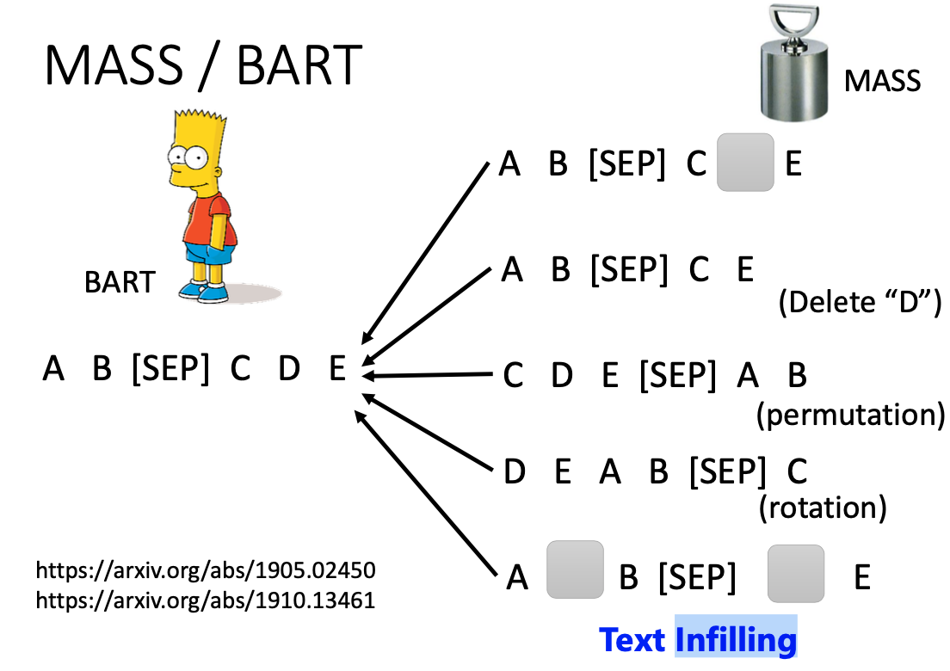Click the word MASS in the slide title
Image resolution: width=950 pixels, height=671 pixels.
(114, 65)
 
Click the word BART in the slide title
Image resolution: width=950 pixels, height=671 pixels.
(299, 65)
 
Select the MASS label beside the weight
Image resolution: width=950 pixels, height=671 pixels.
(882, 81)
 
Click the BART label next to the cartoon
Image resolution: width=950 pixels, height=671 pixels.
(120, 282)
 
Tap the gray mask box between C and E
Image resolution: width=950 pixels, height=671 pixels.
(745, 163)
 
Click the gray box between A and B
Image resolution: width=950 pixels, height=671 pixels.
(575, 569)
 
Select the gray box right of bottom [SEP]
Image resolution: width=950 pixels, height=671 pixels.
(795, 574)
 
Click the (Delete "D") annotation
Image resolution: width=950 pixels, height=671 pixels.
(860, 302)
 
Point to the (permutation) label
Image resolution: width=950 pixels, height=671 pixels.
(851, 416)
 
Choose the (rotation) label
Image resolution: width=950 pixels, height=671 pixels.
(823, 507)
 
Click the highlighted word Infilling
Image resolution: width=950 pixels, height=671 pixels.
(736, 640)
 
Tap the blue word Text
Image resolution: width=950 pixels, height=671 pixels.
(632, 640)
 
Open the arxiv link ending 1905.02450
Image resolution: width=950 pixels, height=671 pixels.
(206, 570)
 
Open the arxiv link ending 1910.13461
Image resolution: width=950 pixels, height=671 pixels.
(206, 600)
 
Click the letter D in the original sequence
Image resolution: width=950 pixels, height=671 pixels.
(289, 367)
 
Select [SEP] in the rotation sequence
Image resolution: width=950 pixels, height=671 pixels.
(727, 471)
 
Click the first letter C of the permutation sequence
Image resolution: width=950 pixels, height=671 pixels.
(513, 375)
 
